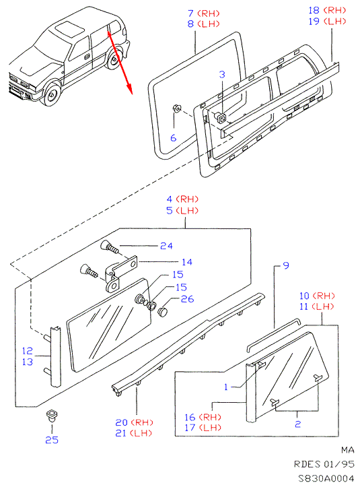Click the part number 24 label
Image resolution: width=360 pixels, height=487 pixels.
coord(166,246)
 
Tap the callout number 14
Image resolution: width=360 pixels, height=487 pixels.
coord(187,262)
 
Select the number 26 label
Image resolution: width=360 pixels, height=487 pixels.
coord(188,299)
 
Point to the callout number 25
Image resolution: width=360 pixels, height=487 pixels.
coord(52,440)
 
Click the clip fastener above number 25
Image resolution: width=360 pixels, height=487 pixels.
coord(51,415)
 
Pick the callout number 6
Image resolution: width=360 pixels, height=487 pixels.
coord(174,137)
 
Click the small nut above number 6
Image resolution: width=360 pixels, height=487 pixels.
coord(176,108)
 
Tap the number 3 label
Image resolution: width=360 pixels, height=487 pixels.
coord(222,75)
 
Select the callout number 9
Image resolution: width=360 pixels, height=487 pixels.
coord(286,265)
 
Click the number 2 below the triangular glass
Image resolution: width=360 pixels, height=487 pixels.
coord(298,424)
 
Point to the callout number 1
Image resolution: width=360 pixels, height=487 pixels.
coord(226,387)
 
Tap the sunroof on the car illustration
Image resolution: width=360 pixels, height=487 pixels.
coord(69,28)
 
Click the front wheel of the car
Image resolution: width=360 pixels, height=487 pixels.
coord(52,94)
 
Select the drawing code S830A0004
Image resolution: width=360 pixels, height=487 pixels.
coord(326,478)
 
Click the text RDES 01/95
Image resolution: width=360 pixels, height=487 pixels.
coord(324,464)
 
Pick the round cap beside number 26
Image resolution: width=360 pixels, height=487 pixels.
coord(162,311)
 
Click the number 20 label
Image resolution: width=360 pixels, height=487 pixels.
coord(121,423)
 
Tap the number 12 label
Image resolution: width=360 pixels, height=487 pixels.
coord(28,351)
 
